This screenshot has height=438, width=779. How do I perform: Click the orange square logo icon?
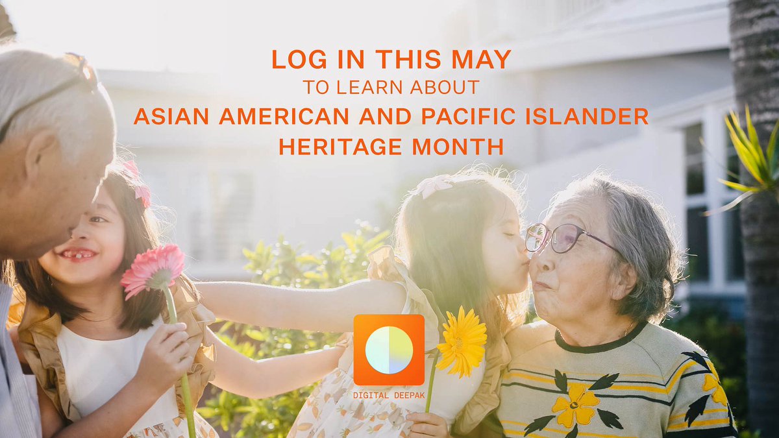tap(389, 350)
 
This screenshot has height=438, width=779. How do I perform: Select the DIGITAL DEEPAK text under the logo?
tap(389, 395)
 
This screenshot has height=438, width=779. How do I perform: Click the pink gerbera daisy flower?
tap(153, 269)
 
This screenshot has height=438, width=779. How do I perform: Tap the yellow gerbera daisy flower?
tap(462, 341)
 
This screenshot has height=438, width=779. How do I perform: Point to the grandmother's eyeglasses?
tap(558, 238)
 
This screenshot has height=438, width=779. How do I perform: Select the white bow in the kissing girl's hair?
tap(433, 186)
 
